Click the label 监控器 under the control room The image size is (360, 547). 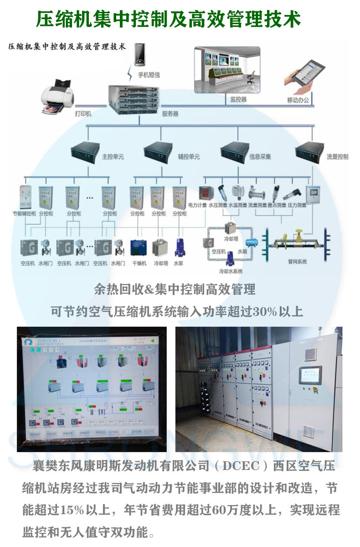(x=238, y=99)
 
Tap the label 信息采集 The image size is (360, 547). (x=260, y=157)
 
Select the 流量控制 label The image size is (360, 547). (x=337, y=157)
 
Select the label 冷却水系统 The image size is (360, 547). (x=231, y=271)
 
